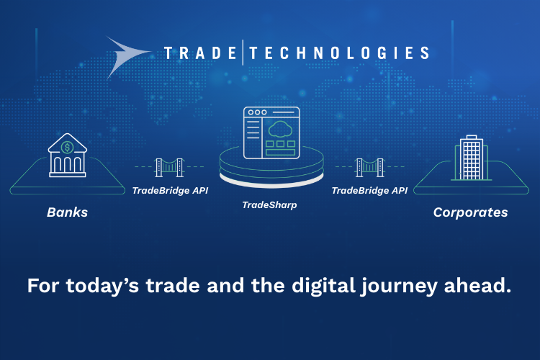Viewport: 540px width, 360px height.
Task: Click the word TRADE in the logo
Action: point(200,53)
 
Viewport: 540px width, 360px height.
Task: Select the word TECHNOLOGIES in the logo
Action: point(339,53)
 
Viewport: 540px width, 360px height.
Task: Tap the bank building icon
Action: point(68,155)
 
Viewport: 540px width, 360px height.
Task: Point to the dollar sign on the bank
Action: point(67,148)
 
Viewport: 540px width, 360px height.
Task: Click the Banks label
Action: point(67,212)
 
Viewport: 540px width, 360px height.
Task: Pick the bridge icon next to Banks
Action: point(169,168)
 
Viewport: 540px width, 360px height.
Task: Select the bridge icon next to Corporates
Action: point(369,168)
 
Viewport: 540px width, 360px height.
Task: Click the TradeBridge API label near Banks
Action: point(170,191)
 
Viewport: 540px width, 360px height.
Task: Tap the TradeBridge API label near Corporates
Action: point(369,191)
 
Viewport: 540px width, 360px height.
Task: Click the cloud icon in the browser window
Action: point(280,129)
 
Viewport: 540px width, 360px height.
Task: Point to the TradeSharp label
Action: point(269,205)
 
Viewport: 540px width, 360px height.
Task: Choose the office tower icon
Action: point(471,158)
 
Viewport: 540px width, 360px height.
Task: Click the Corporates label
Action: point(470,212)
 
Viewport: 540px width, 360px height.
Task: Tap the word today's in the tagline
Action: point(102,286)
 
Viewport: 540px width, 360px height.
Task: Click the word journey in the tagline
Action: point(399,287)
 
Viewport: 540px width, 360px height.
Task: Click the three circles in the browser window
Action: point(257,112)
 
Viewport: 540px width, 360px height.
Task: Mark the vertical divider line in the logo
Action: point(243,53)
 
